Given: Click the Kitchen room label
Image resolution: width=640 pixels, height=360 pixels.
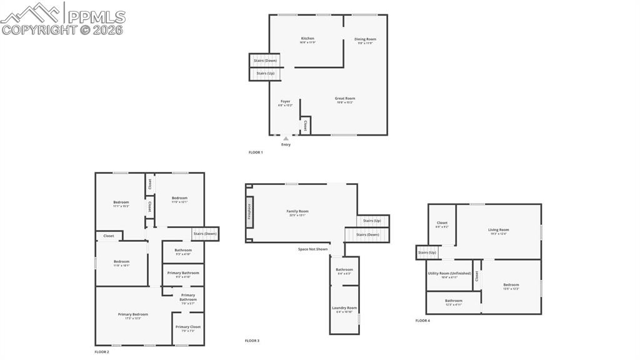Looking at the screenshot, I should coord(307,39).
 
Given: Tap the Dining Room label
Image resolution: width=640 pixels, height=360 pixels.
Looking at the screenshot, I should coord(365,39).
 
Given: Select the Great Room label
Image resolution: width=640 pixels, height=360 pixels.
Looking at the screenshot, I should coord(344,99).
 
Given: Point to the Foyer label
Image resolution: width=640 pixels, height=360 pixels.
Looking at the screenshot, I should coord(285,102).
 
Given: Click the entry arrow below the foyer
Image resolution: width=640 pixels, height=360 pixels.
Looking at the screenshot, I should coord(286,139).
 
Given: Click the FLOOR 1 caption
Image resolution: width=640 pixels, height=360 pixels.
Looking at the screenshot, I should coord(256,152).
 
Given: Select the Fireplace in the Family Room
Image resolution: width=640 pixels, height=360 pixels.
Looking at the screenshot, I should coord(249,212).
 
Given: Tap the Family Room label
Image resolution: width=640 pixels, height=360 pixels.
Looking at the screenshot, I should coord(297,212).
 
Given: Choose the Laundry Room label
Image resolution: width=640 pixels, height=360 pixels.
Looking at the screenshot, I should coord(344,308).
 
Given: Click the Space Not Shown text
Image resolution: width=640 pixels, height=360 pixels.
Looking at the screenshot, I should coord(312,249).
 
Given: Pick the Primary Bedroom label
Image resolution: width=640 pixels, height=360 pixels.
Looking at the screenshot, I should coord(133,315).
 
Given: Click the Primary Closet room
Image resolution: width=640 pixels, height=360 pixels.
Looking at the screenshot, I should coord(187,327).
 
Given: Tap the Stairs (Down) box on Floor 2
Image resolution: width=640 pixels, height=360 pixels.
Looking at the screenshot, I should coord(205,234).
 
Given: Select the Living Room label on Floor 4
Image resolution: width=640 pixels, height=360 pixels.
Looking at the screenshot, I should coord(498,230).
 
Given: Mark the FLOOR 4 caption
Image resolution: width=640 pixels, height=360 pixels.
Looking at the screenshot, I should coord(422,321).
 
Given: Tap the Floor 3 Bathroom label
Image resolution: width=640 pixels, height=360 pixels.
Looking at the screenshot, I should coord(344,270).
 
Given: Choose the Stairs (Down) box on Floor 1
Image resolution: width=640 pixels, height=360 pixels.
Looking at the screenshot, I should coord(266,61).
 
